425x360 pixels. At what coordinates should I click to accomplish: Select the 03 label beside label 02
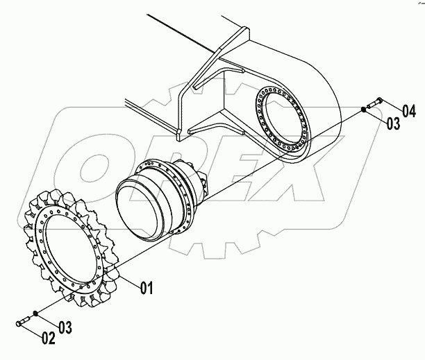pyautogui.click(x=64, y=326)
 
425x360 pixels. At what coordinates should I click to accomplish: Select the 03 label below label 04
pyautogui.click(x=392, y=124)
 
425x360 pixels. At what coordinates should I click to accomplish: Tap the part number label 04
pyautogui.click(x=408, y=111)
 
